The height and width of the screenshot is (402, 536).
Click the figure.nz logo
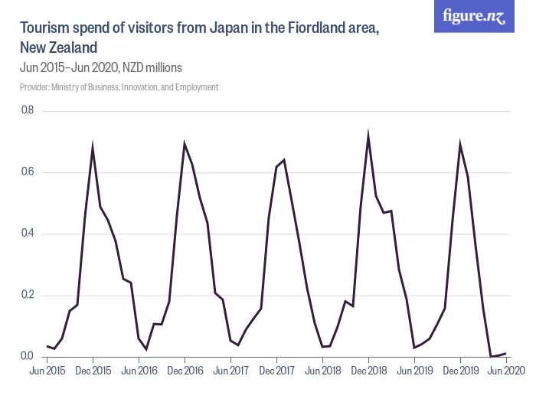point(474,17)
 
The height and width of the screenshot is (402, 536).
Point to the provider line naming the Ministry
point(119,87)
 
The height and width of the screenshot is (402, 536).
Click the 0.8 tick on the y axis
point(28,111)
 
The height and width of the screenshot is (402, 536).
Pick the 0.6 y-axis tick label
point(28,172)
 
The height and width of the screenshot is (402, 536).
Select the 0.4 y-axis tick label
point(28,234)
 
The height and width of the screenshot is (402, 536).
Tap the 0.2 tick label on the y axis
point(28,295)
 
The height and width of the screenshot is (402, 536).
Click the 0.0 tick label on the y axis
point(28,356)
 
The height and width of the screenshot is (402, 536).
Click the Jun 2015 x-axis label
point(47,371)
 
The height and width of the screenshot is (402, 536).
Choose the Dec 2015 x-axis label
point(93,371)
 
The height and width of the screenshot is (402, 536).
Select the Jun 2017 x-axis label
point(230,371)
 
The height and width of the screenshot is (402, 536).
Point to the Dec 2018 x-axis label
point(368,371)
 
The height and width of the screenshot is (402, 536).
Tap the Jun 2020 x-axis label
point(505,371)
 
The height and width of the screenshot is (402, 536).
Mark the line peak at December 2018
point(368,136)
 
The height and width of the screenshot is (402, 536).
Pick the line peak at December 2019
point(460,144)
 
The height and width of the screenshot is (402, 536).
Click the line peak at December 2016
point(185,143)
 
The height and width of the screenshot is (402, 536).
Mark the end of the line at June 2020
point(505,353)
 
